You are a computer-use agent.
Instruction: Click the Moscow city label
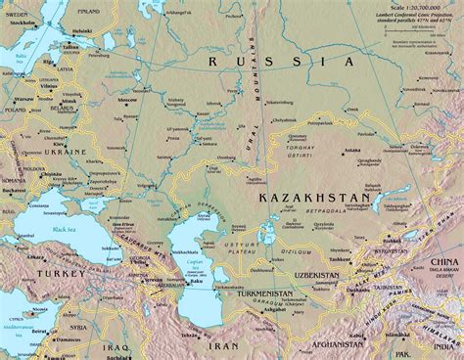[126, 101]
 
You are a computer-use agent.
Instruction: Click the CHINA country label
[441, 263]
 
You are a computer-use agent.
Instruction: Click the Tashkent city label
[341, 258]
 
